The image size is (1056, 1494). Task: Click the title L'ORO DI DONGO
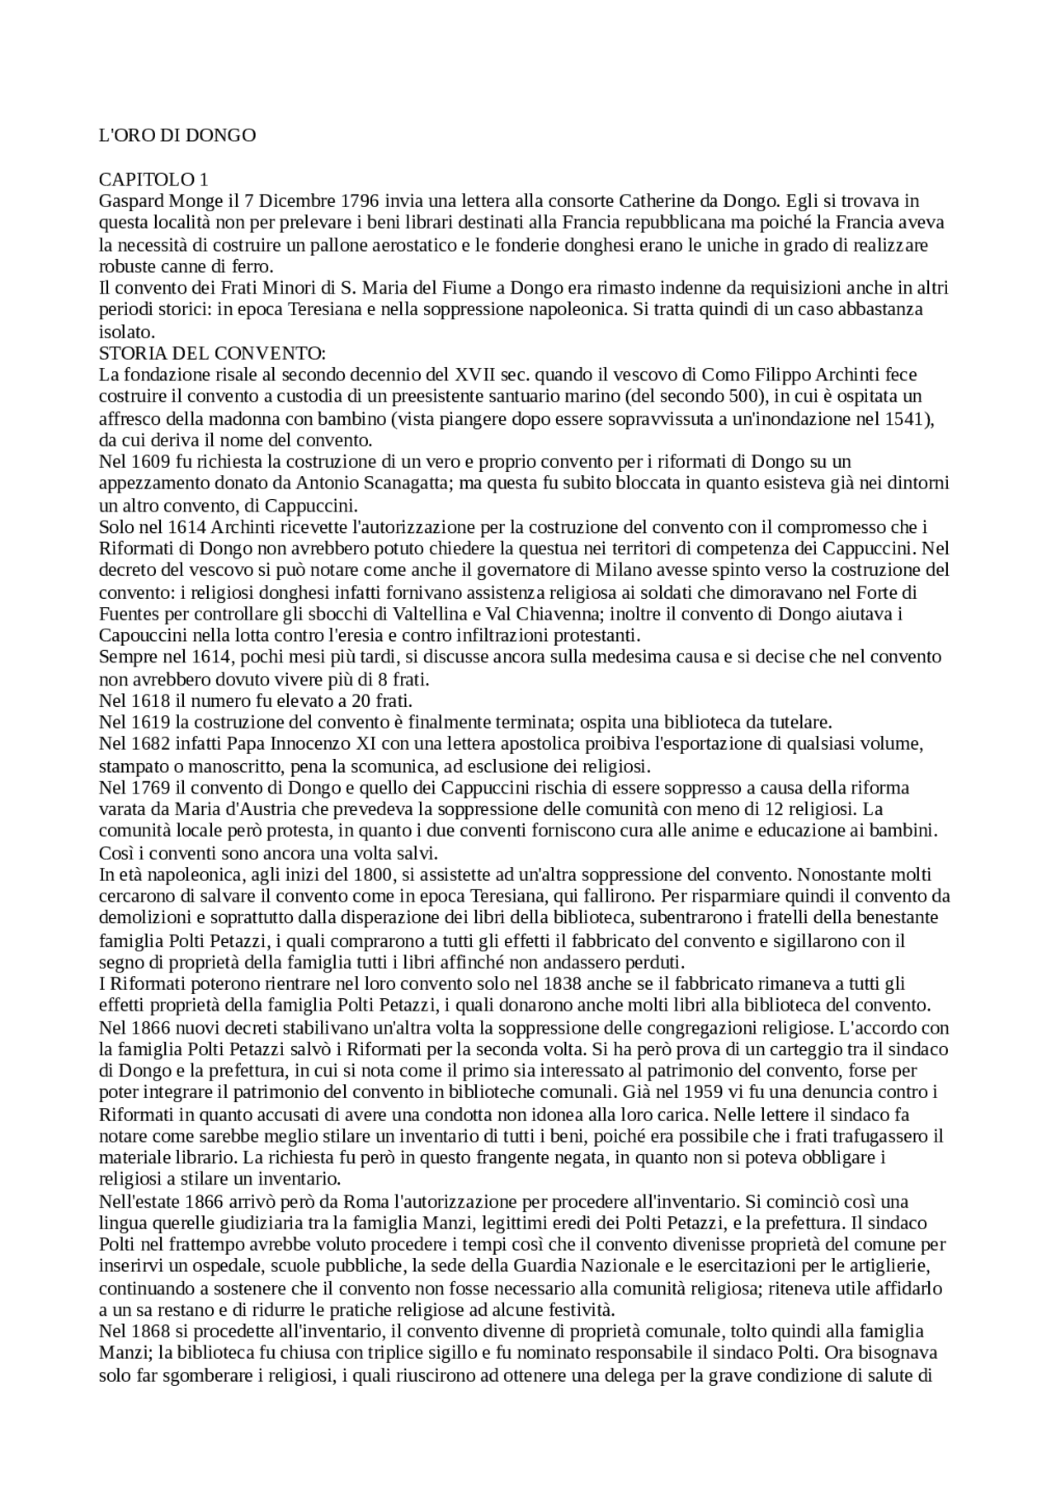pyautogui.click(x=177, y=135)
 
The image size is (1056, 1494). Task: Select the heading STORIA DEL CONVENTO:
pyautogui.click(x=212, y=353)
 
